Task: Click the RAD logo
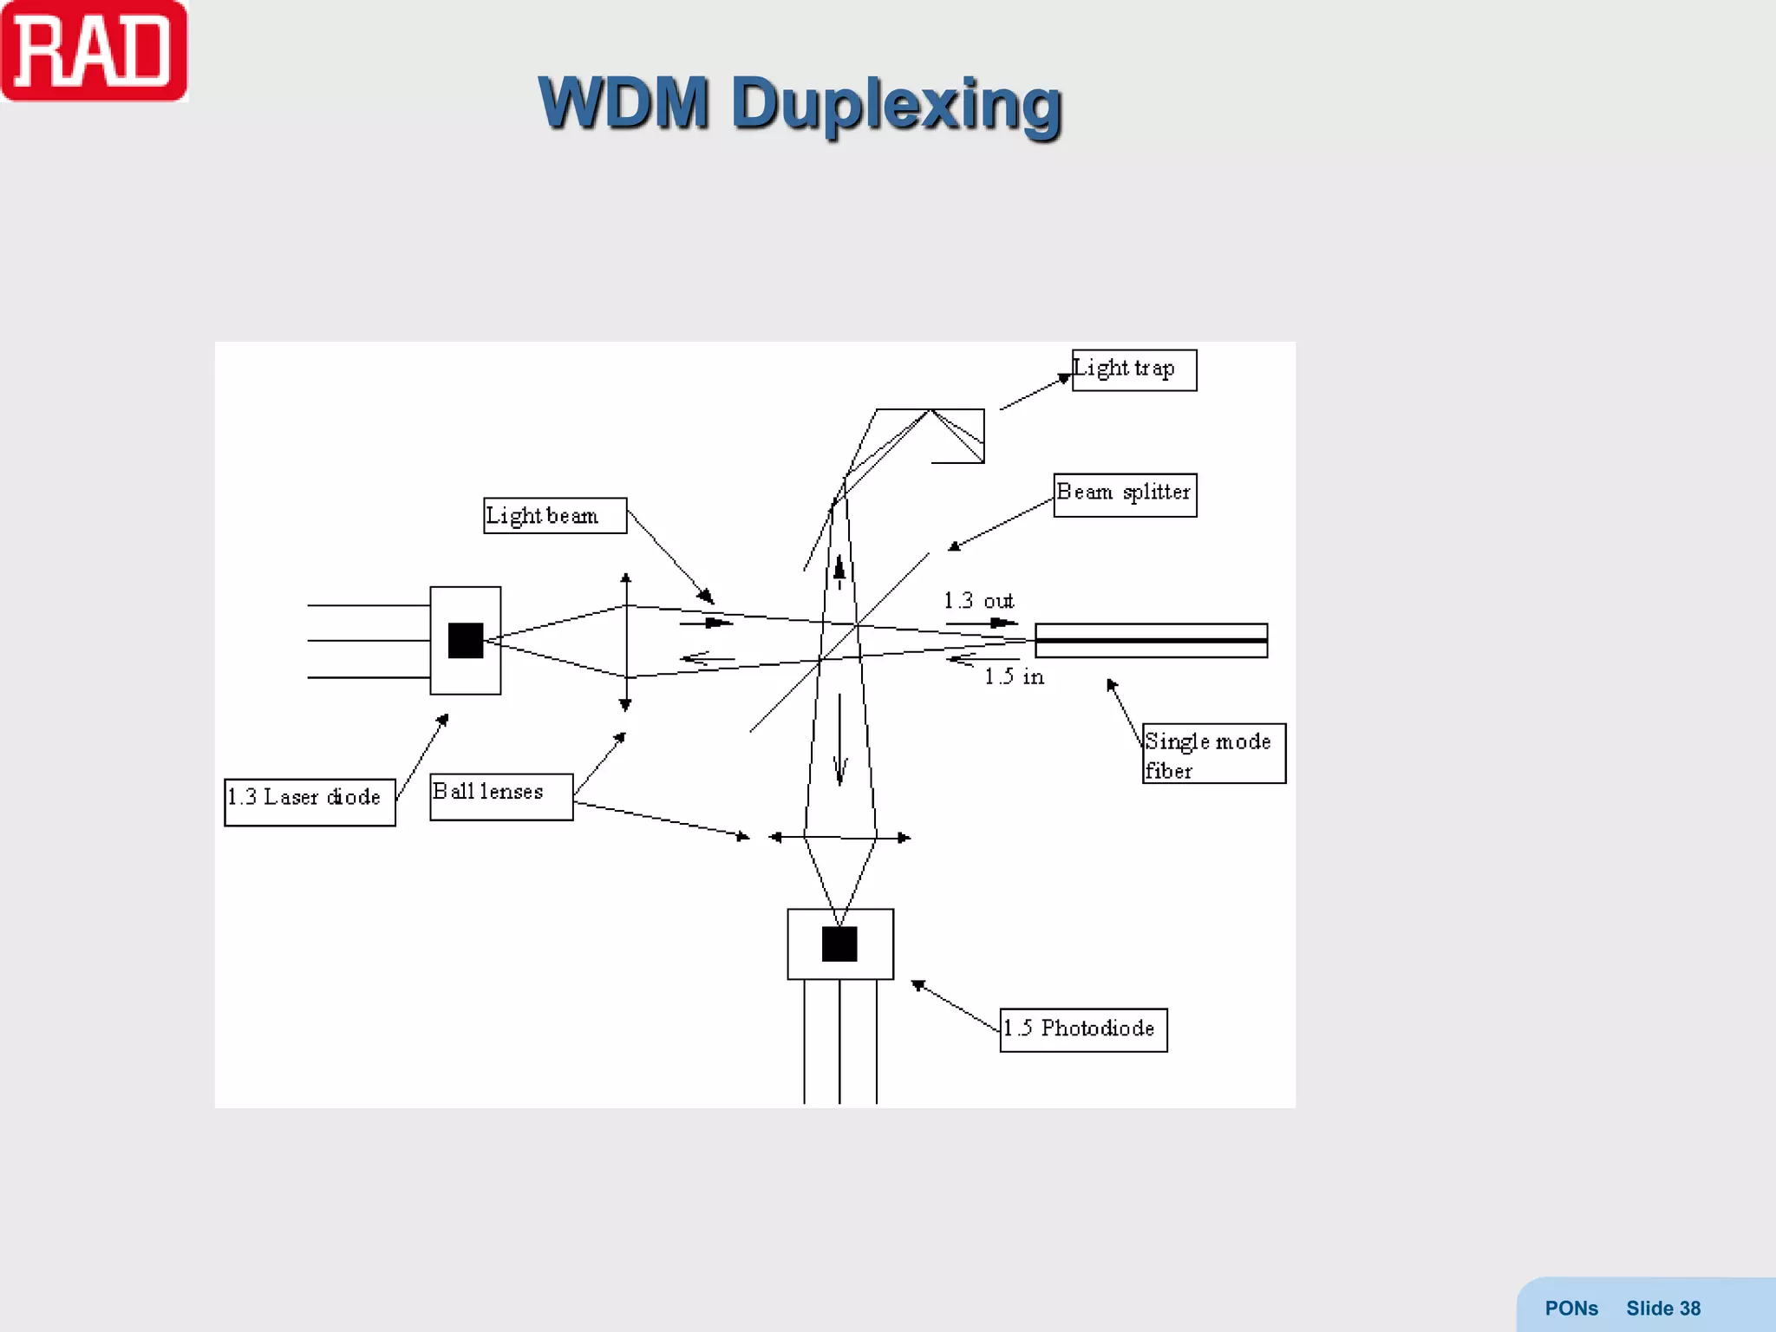pos(94,52)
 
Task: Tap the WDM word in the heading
pos(624,103)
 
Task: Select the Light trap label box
pos(1133,370)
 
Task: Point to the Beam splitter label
pos(1125,494)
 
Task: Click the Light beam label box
pos(554,516)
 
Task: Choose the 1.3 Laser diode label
pos(310,801)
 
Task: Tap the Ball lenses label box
pos(500,796)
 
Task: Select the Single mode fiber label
pos(1213,754)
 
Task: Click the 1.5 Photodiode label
pos(1083,1029)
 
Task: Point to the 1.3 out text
pos(978,600)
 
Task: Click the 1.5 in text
pos(1014,676)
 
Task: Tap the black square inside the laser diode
pos(466,641)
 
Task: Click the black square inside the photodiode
pos(839,944)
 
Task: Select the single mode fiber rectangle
pos(1151,640)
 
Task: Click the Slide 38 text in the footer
pos(1662,1309)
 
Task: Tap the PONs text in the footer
pos(1570,1309)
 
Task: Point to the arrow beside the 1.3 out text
pos(982,623)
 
